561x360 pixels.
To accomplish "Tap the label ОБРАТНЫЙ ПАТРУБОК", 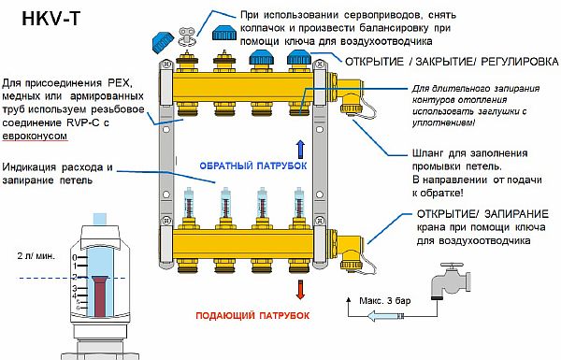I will coord(244,165).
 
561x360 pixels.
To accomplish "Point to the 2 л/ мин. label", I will coord(34,254).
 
